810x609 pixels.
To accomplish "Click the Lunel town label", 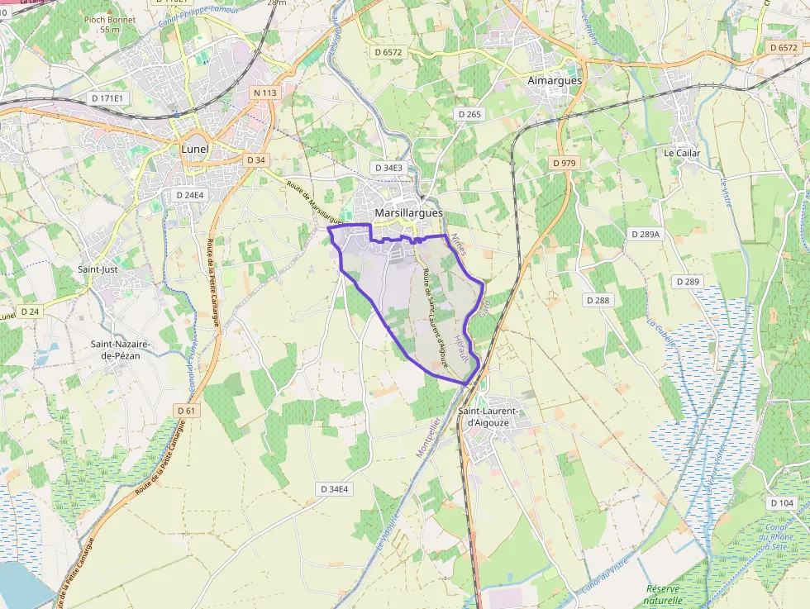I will pyautogui.click(x=194, y=150).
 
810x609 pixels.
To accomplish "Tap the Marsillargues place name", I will pyautogui.click(x=408, y=213).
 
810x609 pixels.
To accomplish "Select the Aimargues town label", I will pyautogui.click(x=555, y=81).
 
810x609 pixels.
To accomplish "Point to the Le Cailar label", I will pyautogui.click(x=682, y=154).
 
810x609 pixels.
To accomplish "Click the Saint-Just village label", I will pyautogui.click(x=98, y=269).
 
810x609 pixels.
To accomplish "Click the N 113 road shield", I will pyautogui.click(x=265, y=93).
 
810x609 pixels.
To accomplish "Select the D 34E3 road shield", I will pyautogui.click(x=388, y=168).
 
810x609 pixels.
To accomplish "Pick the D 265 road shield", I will pyautogui.click(x=469, y=114).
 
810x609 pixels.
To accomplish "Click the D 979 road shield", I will pyautogui.click(x=564, y=163).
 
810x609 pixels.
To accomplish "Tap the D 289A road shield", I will pyautogui.click(x=646, y=234).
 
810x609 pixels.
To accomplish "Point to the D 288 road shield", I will pyautogui.click(x=597, y=300).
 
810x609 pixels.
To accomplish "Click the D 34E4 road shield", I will pyautogui.click(x=334, y=489).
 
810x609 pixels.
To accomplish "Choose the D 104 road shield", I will pyautogui.click(x=781, y=503).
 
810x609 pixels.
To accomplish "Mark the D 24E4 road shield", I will pyautogui.click(x=189, y=195).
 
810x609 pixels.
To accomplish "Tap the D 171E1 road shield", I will pyautogui.click(x=107, y=98).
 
